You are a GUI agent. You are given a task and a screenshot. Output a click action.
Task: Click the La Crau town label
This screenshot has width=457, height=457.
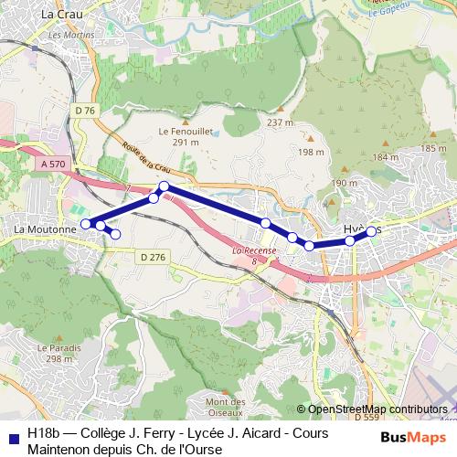coord(61,15)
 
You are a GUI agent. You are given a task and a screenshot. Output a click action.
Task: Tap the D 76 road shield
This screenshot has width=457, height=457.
coord(85,111)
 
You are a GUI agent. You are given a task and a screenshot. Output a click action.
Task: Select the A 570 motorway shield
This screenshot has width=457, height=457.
coord(54,163)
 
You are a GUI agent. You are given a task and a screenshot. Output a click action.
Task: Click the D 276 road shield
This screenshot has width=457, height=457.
coord(154,258)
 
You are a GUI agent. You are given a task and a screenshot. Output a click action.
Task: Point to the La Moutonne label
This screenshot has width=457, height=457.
coord(43,222)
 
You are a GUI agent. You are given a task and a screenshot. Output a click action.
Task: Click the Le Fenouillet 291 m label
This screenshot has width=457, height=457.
coord(186,136)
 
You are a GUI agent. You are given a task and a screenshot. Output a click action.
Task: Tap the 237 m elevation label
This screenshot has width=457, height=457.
coord(280,122)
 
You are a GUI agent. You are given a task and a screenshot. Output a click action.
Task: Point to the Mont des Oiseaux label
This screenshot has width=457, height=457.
coord(225,407)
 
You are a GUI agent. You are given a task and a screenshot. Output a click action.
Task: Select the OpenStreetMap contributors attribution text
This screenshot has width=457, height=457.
coord(377,409)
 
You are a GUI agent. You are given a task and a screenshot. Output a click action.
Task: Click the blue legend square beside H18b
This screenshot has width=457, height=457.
coord(12,438)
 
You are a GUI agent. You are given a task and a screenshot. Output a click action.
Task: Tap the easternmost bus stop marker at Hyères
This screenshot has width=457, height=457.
coord(372,232)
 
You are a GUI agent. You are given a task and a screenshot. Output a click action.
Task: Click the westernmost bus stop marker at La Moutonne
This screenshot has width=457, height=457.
coord(86,224)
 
